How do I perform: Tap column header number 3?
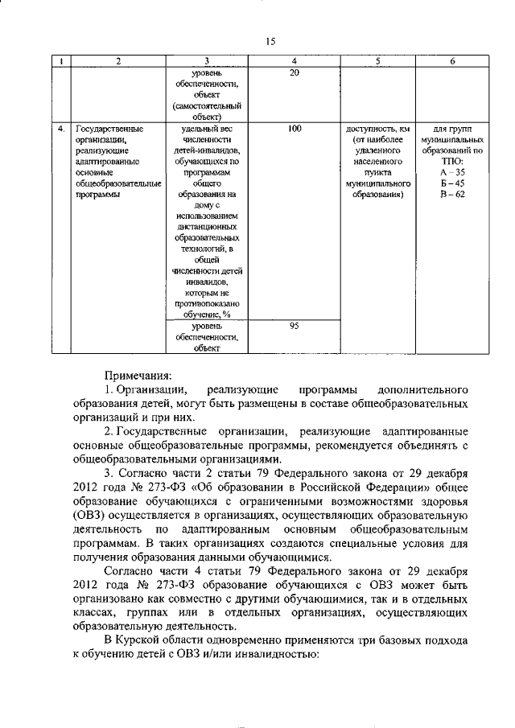click(x=207, y=61)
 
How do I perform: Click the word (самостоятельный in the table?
click(x=207, y=105)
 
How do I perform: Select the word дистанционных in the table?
click(x=207, y=227)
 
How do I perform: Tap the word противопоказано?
click(x=207, y=303)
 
